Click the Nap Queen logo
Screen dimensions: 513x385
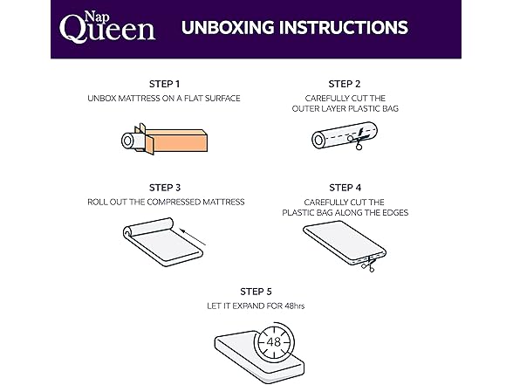click(107, 27)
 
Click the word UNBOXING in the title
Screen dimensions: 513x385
click(228, 28)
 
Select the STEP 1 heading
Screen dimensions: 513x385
click(165, 84)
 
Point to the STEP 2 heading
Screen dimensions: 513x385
click(345, 84)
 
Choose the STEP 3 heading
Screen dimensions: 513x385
click(165, 188)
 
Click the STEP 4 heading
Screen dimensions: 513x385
click(345, 188)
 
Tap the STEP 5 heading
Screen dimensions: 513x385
click(256, 292)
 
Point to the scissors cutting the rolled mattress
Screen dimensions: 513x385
click(357, 139)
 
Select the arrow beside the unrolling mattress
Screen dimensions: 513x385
click(193, 237)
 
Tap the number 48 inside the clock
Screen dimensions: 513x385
click(274, 342)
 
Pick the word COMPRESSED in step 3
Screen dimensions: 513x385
click(174, 202)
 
